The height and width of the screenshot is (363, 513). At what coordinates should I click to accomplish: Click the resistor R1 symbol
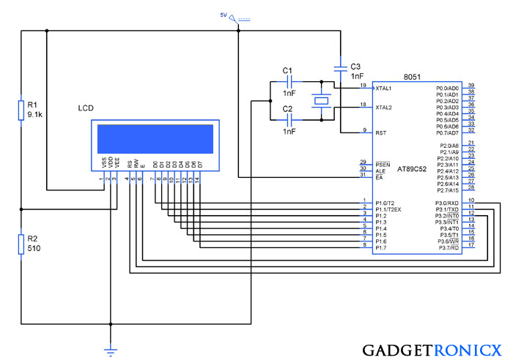pos(22,110)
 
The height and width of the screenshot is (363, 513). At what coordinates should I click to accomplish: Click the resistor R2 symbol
pos(22,244)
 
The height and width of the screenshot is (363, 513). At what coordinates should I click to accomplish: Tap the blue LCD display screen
pos(154,139)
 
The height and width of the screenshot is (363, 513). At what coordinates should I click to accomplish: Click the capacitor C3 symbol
pos(339,67)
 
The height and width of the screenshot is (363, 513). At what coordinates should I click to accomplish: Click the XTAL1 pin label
pos(383,89)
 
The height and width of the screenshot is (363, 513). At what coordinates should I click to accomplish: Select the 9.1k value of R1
pos(34,115)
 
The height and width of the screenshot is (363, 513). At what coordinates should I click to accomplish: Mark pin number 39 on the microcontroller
pos(471,85)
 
